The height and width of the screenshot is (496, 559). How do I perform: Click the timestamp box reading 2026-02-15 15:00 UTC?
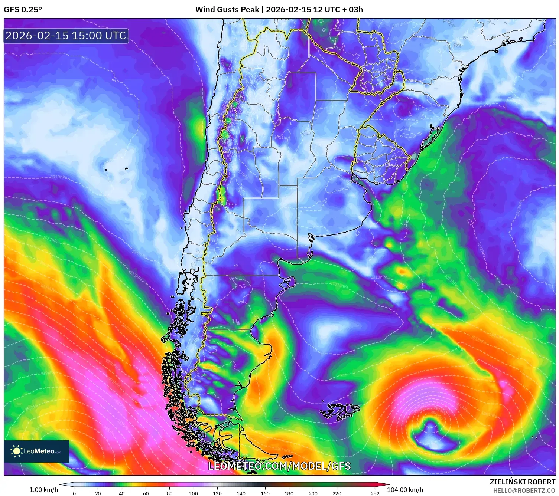click(66, 36)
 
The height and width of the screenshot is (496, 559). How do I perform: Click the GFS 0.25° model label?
click(23, 10)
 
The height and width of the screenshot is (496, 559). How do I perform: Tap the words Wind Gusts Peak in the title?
click(227, 10)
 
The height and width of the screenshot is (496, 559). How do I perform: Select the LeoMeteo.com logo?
click(36, 451)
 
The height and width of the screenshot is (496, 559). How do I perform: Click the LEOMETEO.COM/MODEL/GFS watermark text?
click(279, 466)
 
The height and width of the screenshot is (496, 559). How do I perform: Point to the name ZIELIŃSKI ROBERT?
click(522, 482)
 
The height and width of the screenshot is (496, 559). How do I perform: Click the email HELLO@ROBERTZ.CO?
click(524, 490)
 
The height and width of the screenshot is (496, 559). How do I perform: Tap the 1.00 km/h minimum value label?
click(43, 490)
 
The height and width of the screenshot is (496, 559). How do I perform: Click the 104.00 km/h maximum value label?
click(405, 490)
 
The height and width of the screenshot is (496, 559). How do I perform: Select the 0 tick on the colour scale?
click(74, 493)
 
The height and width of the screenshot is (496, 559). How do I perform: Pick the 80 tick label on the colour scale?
click(170, 493)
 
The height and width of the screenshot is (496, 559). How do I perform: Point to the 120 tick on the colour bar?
click(217, 493)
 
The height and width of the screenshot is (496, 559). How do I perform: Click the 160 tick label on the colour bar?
click(265, 493)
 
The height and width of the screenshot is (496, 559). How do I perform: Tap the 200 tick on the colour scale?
click(313, 493)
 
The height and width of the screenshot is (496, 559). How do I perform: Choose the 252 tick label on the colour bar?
click(375, 493)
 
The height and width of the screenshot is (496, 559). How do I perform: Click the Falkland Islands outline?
click(340, 411)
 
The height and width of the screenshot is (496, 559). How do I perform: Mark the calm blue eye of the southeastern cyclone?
click(431, 434)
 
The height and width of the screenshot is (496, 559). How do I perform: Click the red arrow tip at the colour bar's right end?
click(387, 484)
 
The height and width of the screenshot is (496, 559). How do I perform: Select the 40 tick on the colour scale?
click(122, 493)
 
